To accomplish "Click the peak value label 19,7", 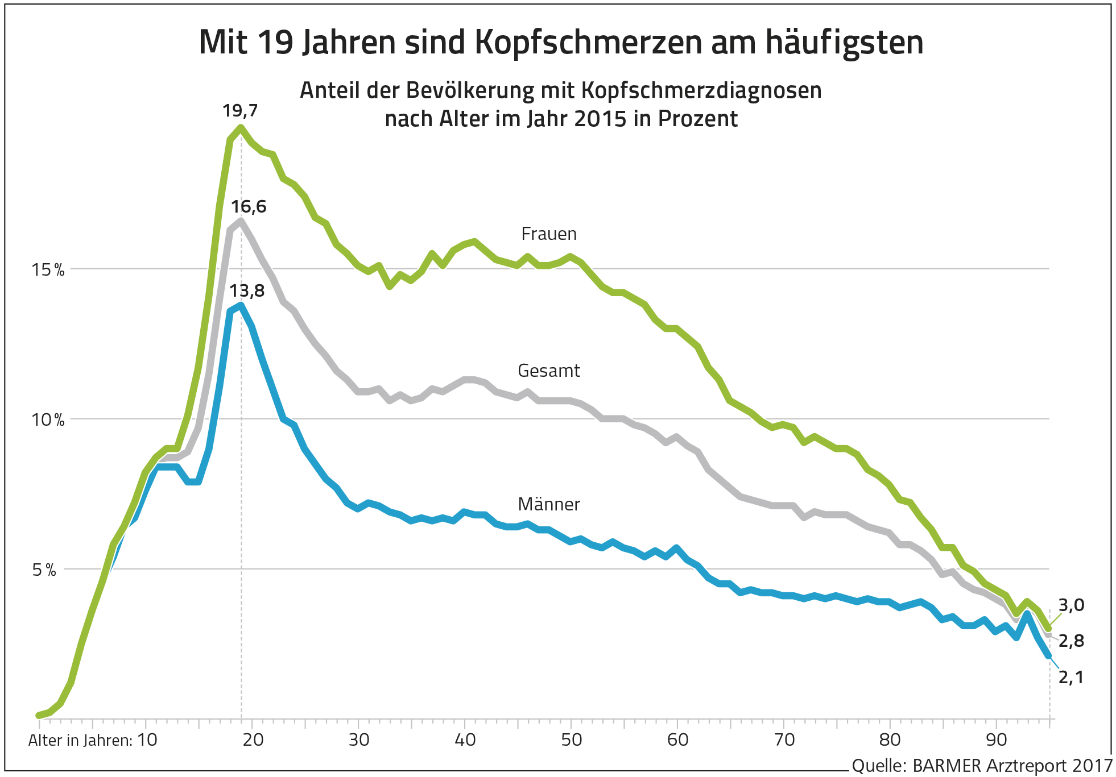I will [240, 110].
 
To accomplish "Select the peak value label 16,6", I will [249, 206].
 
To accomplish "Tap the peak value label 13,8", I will [247, 291].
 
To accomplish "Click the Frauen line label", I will [549, 234].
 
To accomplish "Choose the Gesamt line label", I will [549, 371].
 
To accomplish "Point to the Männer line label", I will [549, 504].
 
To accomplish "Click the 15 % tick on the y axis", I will [48, 270].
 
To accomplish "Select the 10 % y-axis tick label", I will [48, 420].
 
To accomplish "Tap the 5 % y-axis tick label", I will [44, 570].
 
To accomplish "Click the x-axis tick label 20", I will [253, 740].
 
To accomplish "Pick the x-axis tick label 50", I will [572, 740].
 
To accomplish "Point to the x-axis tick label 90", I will [997, 740].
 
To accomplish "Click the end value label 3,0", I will [1071, 605].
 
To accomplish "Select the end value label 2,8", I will [1071, 641].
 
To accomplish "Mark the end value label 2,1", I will [1071, 677].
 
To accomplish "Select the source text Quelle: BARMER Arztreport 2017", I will [982, 766].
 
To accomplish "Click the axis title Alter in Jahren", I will [80, 741].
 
